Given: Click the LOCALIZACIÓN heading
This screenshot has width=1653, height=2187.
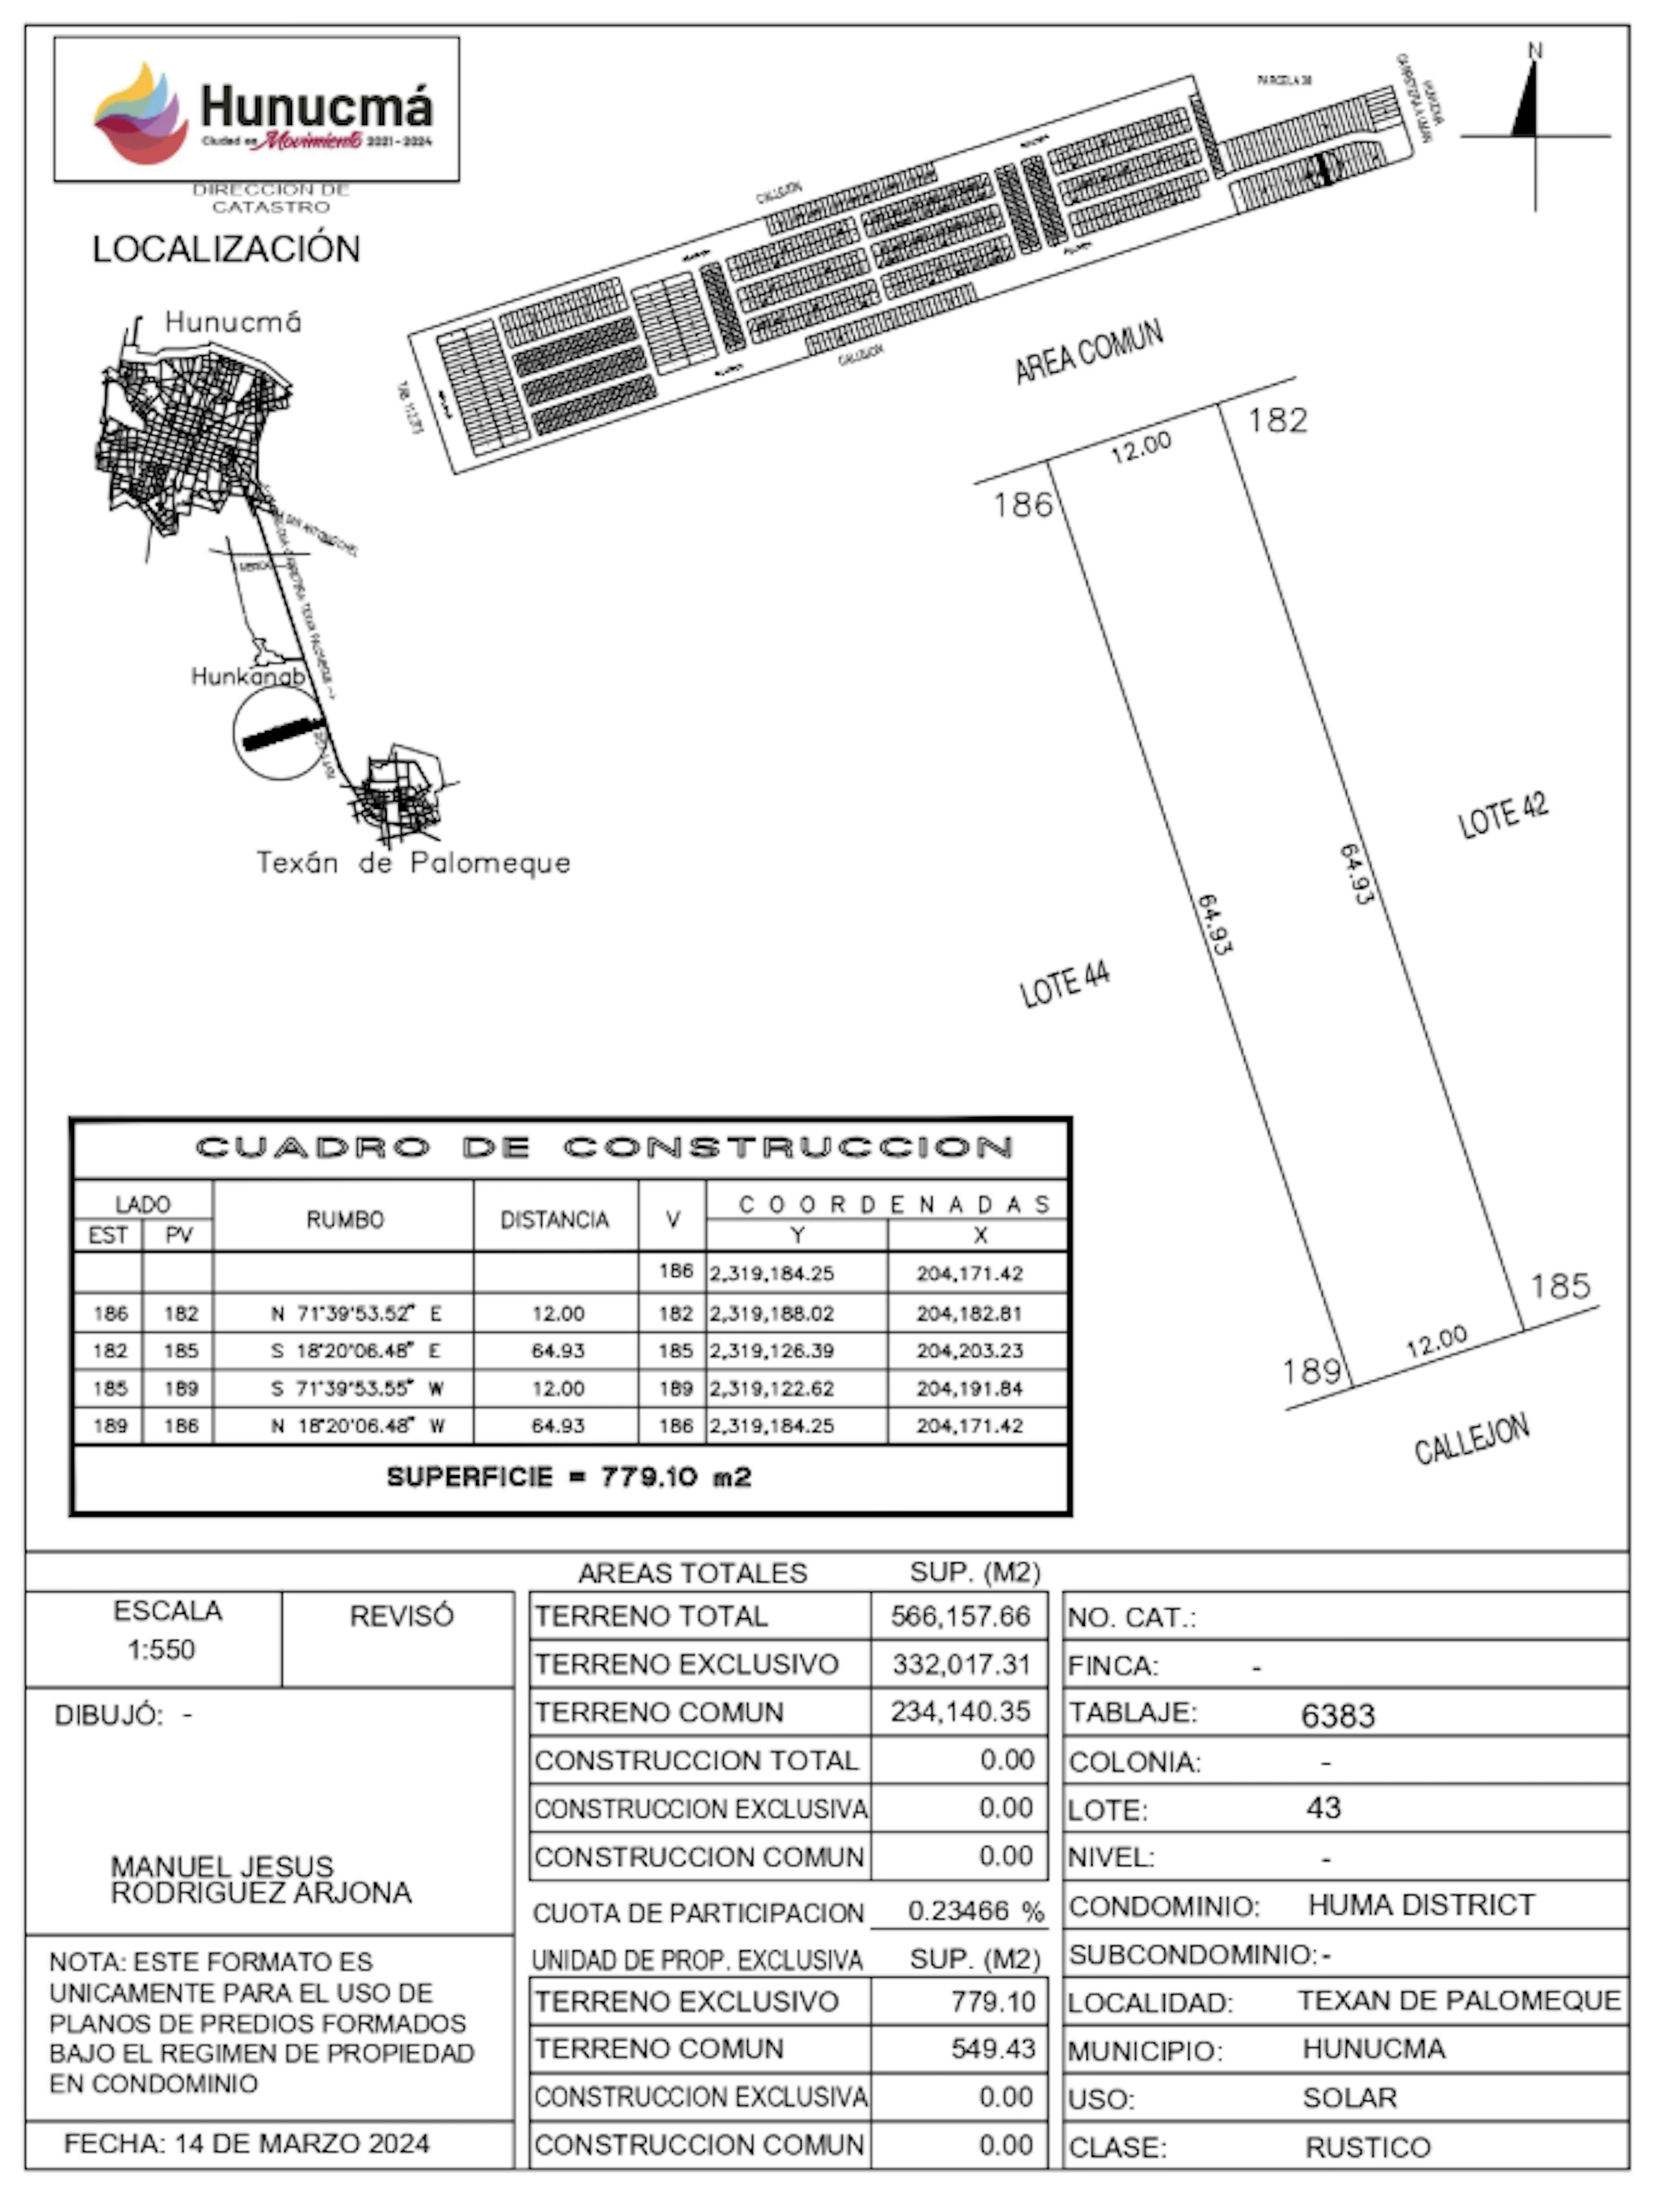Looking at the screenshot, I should point(226,249).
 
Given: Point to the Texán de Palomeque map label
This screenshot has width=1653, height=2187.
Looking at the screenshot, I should point(413,863).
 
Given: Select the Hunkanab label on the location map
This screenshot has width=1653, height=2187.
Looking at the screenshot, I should point(247,676).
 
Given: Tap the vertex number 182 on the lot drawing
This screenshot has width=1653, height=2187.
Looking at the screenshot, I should point(1277,420).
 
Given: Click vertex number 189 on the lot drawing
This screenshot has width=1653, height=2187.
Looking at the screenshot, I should point(1312,1371).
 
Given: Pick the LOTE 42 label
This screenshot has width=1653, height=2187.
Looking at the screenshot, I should point(1503,816).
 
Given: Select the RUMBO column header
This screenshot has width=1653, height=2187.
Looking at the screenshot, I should point(344,1219).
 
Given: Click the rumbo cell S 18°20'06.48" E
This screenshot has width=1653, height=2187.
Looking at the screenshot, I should point(356,1350).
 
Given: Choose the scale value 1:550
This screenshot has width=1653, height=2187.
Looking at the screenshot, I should point(161,1649).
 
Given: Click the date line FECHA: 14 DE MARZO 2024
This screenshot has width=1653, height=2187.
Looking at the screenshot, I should point(246,2144).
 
